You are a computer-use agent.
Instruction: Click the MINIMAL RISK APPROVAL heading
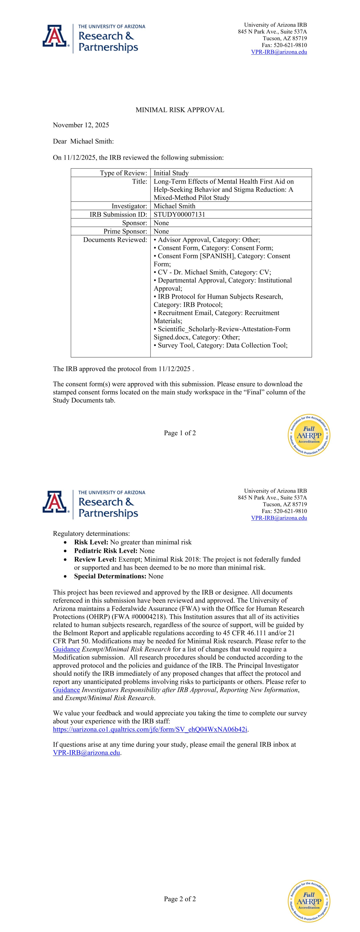click(180, 110)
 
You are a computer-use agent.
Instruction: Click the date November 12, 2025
click(81, 125)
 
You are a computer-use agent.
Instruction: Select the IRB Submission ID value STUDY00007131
click(179, 214)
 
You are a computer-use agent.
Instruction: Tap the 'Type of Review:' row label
click(123, 173)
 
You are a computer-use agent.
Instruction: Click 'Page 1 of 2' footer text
click(180, 433)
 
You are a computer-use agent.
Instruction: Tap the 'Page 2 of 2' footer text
click(180, 899)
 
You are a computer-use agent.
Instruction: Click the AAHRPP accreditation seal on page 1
click(309, 435)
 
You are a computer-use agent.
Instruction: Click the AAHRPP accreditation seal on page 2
click(309, 901)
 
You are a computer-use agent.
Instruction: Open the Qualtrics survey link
click(150, 729)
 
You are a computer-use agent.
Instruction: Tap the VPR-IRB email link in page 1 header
click(279, 52)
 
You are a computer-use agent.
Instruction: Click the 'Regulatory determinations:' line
click(91, 534)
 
